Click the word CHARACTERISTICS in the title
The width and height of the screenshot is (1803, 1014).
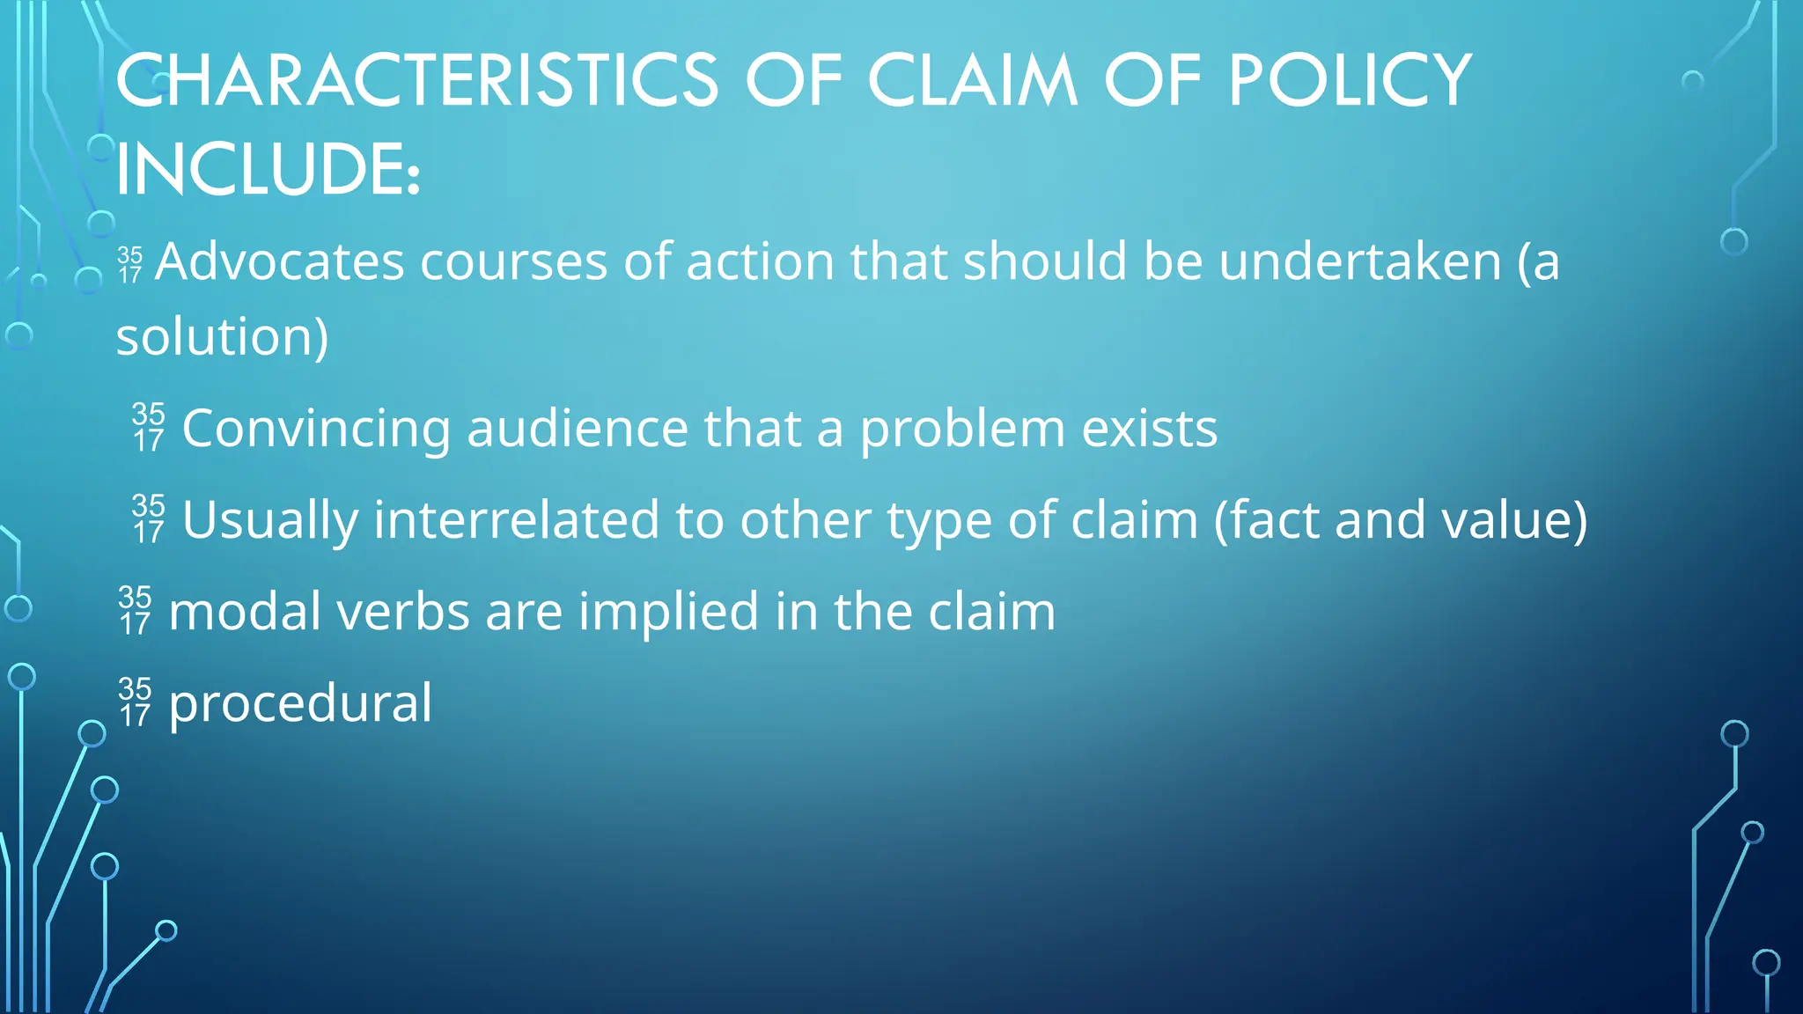pos(417,80)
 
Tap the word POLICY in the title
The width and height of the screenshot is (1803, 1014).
pos(1350,80)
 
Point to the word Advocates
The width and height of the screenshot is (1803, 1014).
pos(280,261)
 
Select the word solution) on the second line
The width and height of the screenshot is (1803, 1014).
pos(222,337)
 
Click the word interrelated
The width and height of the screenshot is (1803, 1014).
pos(517,519)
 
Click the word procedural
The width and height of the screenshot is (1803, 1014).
pos(300,703)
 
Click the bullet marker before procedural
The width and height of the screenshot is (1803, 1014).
pos(136,702)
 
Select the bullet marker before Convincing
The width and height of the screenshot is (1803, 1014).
pos(149,428)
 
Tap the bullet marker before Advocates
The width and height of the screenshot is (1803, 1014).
pos(130,264)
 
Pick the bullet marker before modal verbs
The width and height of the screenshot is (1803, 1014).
pos(136,611)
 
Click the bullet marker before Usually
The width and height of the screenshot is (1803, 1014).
pos(149,519)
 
